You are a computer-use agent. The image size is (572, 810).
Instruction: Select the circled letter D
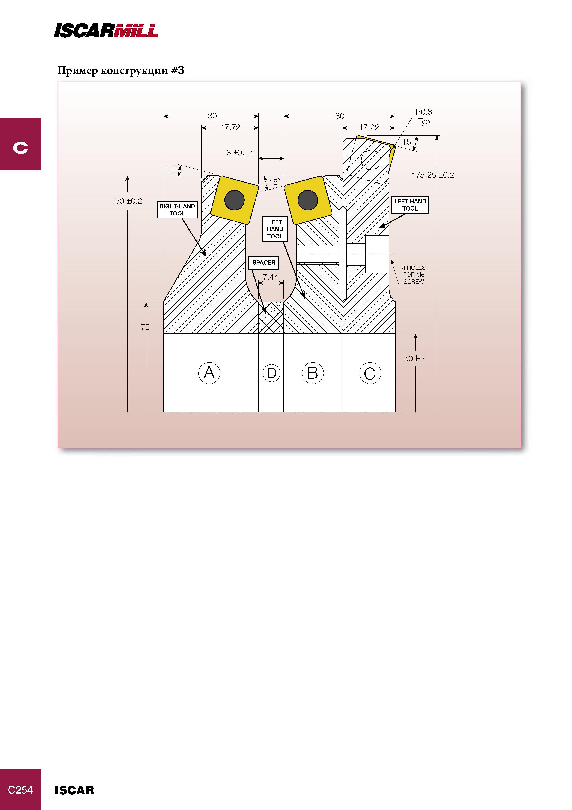click(272, 373)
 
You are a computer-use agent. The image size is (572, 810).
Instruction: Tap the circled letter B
click(313, 373)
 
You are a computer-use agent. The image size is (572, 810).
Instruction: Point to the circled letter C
click(370, 374)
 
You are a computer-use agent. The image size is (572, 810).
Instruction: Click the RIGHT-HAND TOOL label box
click(177, 210)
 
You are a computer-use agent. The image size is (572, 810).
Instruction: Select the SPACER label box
click(264, 263)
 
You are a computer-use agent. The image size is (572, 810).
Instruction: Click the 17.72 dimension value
click(230, 128)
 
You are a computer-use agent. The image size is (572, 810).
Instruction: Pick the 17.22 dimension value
click(369, 128)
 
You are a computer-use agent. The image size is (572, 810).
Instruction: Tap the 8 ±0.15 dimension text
click(240, 153)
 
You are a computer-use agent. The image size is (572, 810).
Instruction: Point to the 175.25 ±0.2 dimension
click(432, 175)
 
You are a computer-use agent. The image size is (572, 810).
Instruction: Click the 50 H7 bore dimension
click(414, 358)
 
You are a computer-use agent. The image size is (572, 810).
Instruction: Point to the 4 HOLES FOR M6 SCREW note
click(414, 275)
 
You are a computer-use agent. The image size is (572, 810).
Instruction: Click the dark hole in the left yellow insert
click(234, 200)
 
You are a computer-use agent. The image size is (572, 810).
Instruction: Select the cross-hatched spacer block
click(271, 317)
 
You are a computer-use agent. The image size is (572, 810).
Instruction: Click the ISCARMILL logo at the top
click(106, 30)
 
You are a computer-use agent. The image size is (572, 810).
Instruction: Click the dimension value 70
click(145, 327)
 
